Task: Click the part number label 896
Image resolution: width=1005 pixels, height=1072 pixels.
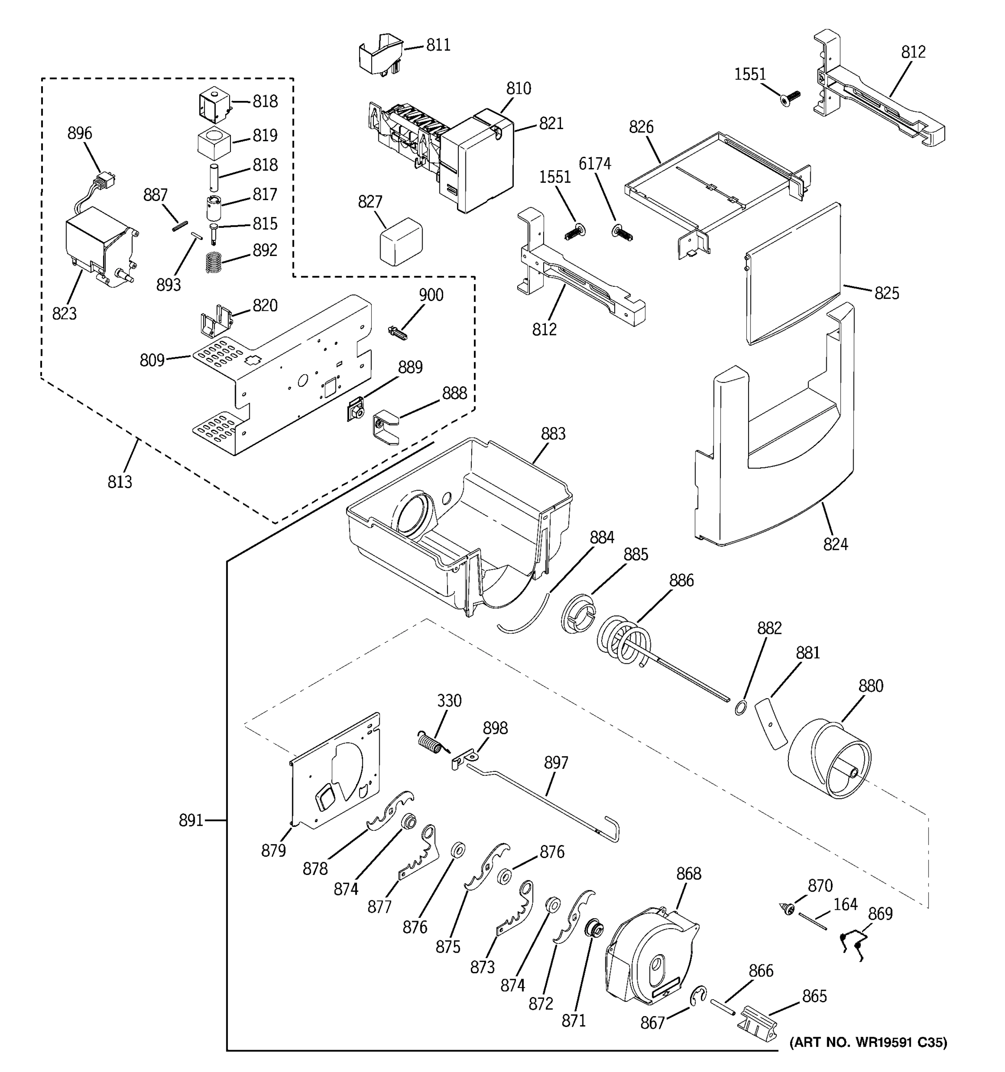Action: pyautogui.click(x=79, y=133)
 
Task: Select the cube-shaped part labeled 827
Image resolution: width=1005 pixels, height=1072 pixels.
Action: pyautogui.click(x=401, y=241)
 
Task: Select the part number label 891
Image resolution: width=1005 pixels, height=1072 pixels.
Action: pyautogui.click(x=191, y=820)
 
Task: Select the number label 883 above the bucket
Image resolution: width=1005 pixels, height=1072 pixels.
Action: pyautogui.click(x=553, y=434)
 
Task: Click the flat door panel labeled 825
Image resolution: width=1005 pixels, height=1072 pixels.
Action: pyautogui.click(x=792, y=275)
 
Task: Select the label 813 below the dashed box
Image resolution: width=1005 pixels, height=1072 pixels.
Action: pyautogui.click(x=120, y=482)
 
